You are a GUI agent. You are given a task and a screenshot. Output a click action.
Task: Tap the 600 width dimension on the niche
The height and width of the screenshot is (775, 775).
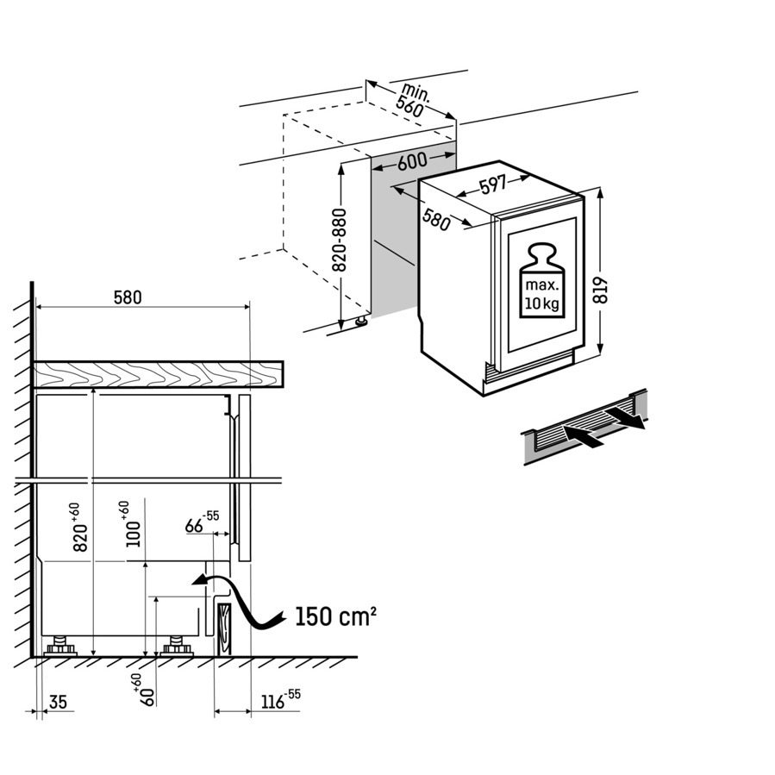click(412, 161)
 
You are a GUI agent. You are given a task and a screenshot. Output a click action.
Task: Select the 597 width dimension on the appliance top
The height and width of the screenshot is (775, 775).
click(492, 185)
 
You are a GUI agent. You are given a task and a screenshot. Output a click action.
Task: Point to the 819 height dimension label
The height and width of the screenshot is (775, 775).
click(601, 291)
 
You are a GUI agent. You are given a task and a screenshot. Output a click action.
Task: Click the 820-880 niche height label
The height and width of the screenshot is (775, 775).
click(340, 241)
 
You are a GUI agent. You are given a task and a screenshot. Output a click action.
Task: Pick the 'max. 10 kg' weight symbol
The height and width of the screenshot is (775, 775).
click(542, 280)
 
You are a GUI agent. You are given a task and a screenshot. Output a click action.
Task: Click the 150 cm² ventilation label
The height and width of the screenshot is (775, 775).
click(335, 616)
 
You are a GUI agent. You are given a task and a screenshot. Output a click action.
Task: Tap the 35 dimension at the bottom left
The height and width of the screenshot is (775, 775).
click(58, 702)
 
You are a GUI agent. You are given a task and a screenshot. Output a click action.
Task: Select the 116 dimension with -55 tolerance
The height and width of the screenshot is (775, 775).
click(280, 700)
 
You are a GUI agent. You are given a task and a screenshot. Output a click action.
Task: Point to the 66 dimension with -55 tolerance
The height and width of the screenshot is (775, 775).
click(202, 523)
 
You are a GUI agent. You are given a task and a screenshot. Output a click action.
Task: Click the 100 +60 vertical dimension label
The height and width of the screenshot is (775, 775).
click(129, 524)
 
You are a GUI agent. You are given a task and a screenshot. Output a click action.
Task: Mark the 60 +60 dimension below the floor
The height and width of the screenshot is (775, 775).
click(145, 690)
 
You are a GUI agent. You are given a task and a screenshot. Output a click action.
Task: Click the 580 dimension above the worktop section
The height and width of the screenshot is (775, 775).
click(128, 297)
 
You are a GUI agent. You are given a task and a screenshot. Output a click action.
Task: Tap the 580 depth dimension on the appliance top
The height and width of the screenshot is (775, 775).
click(437, 220)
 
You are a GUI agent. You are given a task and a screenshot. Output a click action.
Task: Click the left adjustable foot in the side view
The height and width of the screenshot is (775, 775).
click(60, 646)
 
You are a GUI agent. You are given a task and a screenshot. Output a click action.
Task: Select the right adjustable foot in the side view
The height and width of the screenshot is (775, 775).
click(177, 646)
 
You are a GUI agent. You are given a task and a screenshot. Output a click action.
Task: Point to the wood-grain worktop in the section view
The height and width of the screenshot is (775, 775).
click(158, 373)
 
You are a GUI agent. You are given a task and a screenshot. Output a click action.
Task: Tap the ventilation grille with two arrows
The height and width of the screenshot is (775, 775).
click(584, 427)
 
